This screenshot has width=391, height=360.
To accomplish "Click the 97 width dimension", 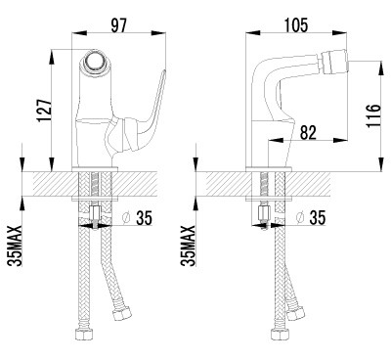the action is point(118,25).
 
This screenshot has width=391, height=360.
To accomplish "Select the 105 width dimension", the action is point(296,25).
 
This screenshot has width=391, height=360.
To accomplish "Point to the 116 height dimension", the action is point(373,116).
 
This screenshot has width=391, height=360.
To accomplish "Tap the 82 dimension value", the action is point(308,133).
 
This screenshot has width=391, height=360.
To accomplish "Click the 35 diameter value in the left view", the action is point(144,218).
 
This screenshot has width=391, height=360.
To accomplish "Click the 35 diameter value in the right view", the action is point(318,218).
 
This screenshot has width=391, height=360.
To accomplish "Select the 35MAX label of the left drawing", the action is point(15,246).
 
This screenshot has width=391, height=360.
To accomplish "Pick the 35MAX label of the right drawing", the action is point(189,246).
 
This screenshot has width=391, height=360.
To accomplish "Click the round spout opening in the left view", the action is point(95,61).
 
